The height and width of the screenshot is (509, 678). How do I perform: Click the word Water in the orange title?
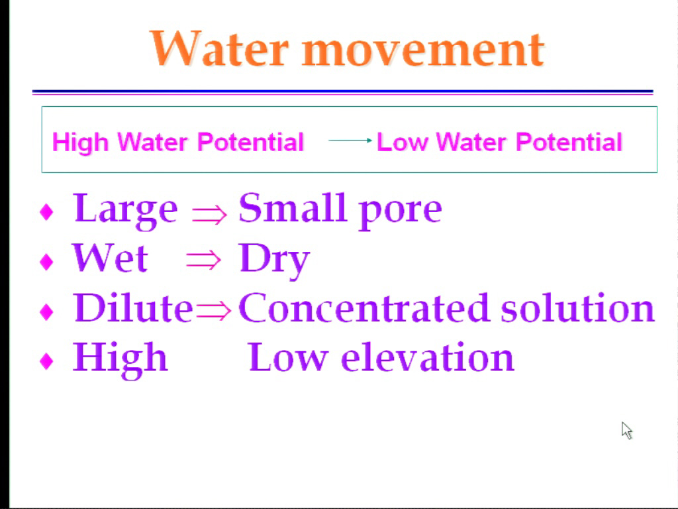tap(219, 48)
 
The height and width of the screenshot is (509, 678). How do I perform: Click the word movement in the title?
tap(422, 50)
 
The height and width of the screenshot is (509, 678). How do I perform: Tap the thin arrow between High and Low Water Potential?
tap(350, 141)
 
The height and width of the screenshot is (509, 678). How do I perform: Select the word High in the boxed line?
tap(80, 142)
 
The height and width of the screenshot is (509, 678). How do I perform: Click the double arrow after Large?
tap(209, 214)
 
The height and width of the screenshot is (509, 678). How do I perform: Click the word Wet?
tap(110, 258)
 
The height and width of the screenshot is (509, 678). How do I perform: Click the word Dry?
tap(274, 260)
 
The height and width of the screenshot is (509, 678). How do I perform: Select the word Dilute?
tap(132, 308)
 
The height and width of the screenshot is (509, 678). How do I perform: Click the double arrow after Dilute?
tap(214, 310)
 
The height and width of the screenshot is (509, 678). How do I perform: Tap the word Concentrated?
tap(363, 308)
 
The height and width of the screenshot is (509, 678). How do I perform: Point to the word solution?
tap(577, 308)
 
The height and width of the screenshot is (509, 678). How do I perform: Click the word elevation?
tap(428, 357)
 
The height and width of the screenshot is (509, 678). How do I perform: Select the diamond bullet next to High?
tap(46, 361)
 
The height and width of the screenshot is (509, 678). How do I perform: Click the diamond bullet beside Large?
tap(46, 212)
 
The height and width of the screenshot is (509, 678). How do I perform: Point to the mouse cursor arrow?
tap(626, 431)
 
